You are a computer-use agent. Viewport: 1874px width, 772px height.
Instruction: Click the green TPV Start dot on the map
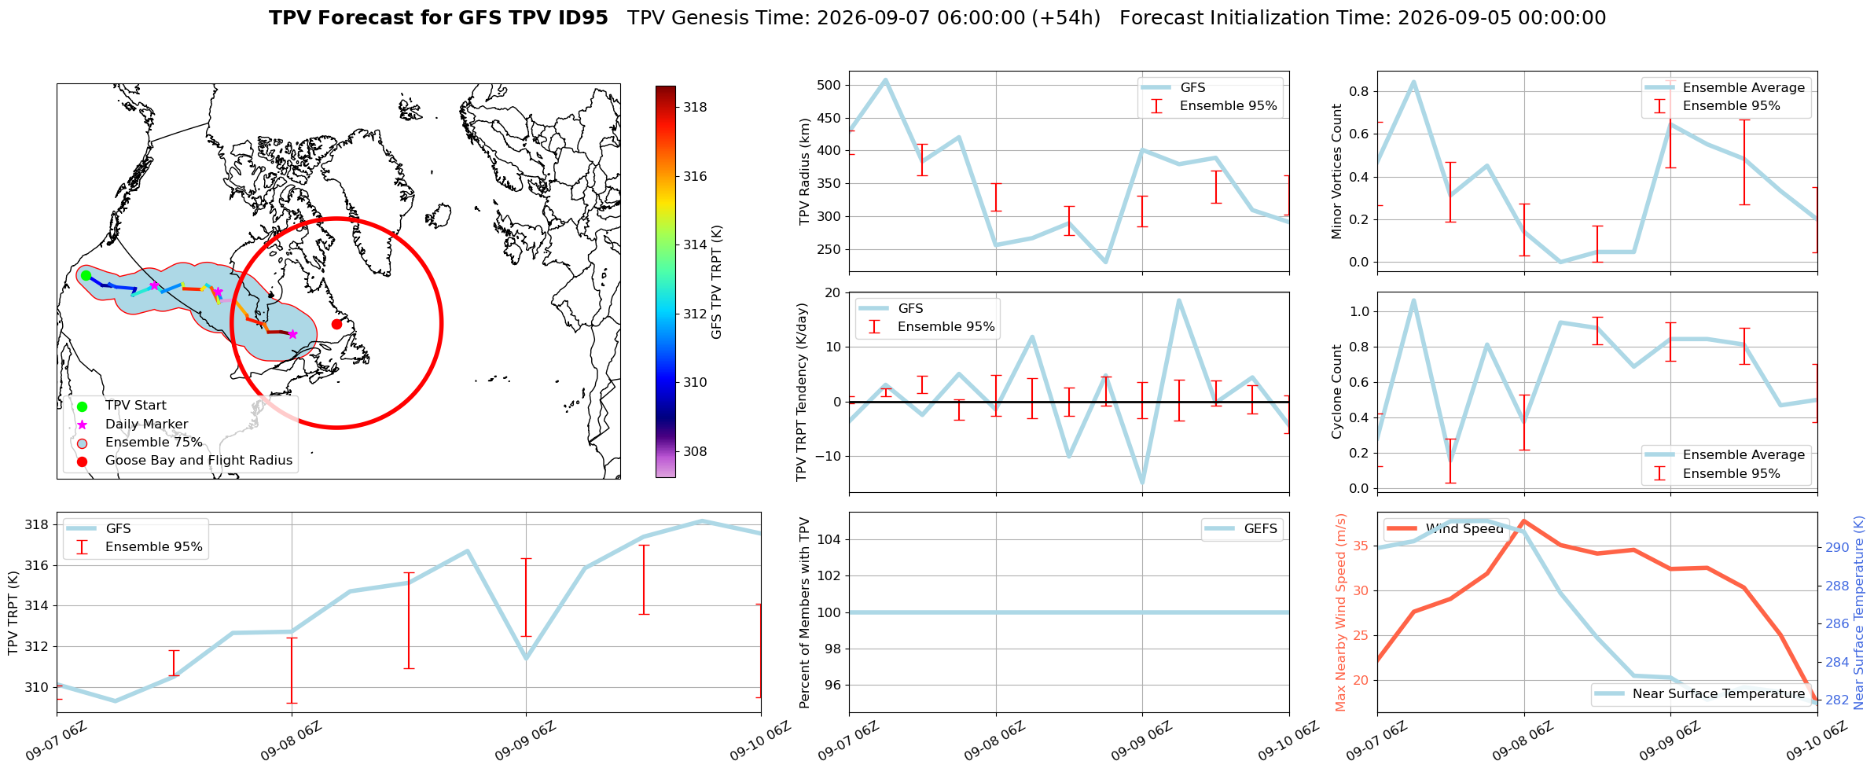86,275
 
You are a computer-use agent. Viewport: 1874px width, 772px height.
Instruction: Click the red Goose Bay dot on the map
336,324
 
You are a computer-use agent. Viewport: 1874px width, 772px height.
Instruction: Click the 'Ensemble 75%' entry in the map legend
154,443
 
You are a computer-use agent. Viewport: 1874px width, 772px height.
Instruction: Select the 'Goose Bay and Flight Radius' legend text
199,461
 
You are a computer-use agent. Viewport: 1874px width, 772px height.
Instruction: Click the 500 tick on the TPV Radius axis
829,86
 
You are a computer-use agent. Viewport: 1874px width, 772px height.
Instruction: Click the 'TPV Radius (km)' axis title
804,171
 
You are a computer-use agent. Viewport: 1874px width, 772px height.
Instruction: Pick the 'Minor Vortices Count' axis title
1337,171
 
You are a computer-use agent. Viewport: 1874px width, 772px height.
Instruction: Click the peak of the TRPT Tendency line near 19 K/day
1178,300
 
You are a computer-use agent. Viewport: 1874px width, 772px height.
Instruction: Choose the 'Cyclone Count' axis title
1337,392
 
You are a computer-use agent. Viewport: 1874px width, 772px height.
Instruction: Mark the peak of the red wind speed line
1524,520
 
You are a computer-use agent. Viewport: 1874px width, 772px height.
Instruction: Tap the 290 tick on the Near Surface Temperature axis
1836,548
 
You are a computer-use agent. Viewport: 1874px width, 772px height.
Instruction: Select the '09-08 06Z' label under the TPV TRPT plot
292,742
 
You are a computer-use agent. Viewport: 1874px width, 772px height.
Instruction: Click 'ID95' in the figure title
580,18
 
